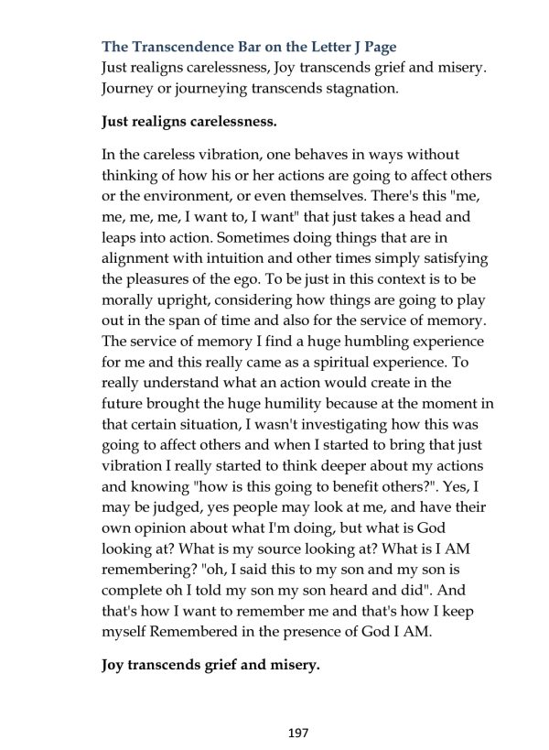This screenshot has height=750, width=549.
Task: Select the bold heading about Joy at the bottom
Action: pos(210,666)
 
